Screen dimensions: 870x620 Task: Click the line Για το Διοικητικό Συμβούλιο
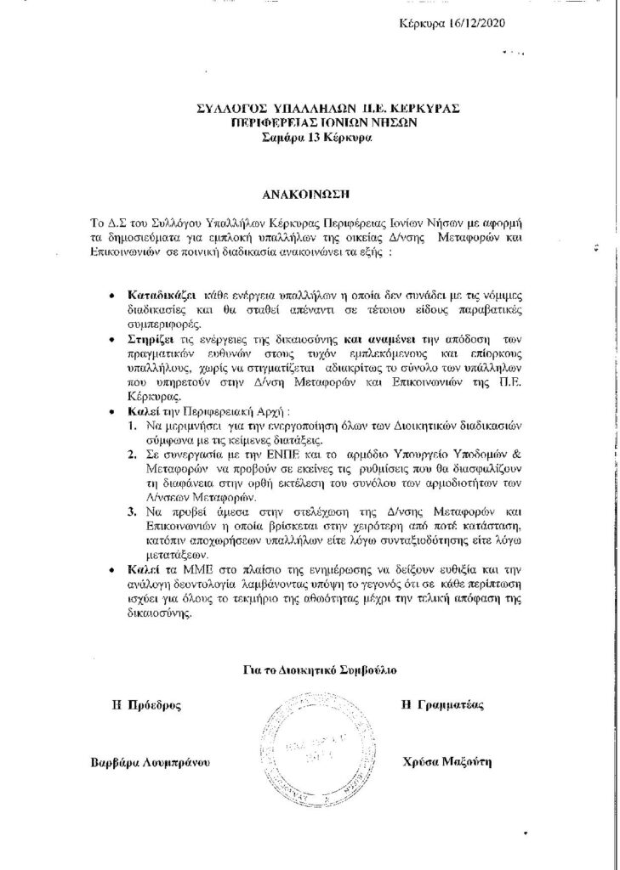point(309,671)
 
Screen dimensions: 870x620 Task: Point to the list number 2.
point(132,455)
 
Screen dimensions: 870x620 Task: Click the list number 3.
point(132,512)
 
